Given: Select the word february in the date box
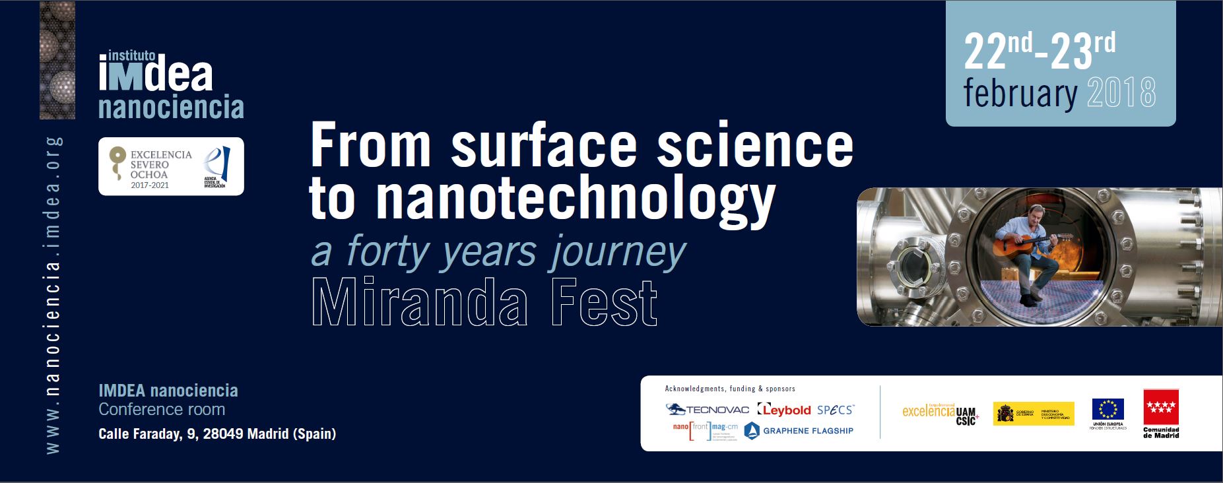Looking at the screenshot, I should [1020, 94].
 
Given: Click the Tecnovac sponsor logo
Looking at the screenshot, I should [707, 410].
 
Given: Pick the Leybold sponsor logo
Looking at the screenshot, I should [784, 410].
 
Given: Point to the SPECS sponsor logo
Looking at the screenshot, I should [836, 410].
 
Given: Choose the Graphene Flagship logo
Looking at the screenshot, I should [799, 431].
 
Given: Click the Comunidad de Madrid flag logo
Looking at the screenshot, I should [1161, 413].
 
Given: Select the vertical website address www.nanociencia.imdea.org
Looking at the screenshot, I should [53, 295].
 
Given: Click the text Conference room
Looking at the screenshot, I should [162, 410].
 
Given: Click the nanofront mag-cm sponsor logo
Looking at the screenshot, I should [704, 431].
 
